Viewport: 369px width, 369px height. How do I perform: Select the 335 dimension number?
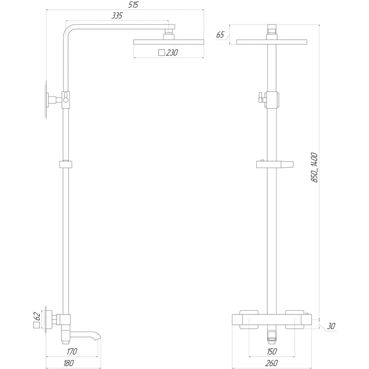[117, 16]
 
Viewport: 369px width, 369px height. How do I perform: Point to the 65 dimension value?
[220, 35]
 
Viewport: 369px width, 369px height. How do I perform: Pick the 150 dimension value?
[272, 351]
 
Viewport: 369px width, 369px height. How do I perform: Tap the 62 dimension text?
[37, 316]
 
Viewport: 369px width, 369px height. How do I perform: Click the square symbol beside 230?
[162, 52]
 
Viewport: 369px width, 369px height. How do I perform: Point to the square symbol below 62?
[37, 326]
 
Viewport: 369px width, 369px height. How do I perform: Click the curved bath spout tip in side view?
[98, 339]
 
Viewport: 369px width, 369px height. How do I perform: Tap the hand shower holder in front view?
[276, 164]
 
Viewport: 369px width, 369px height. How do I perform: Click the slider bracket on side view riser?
[66, 164]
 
